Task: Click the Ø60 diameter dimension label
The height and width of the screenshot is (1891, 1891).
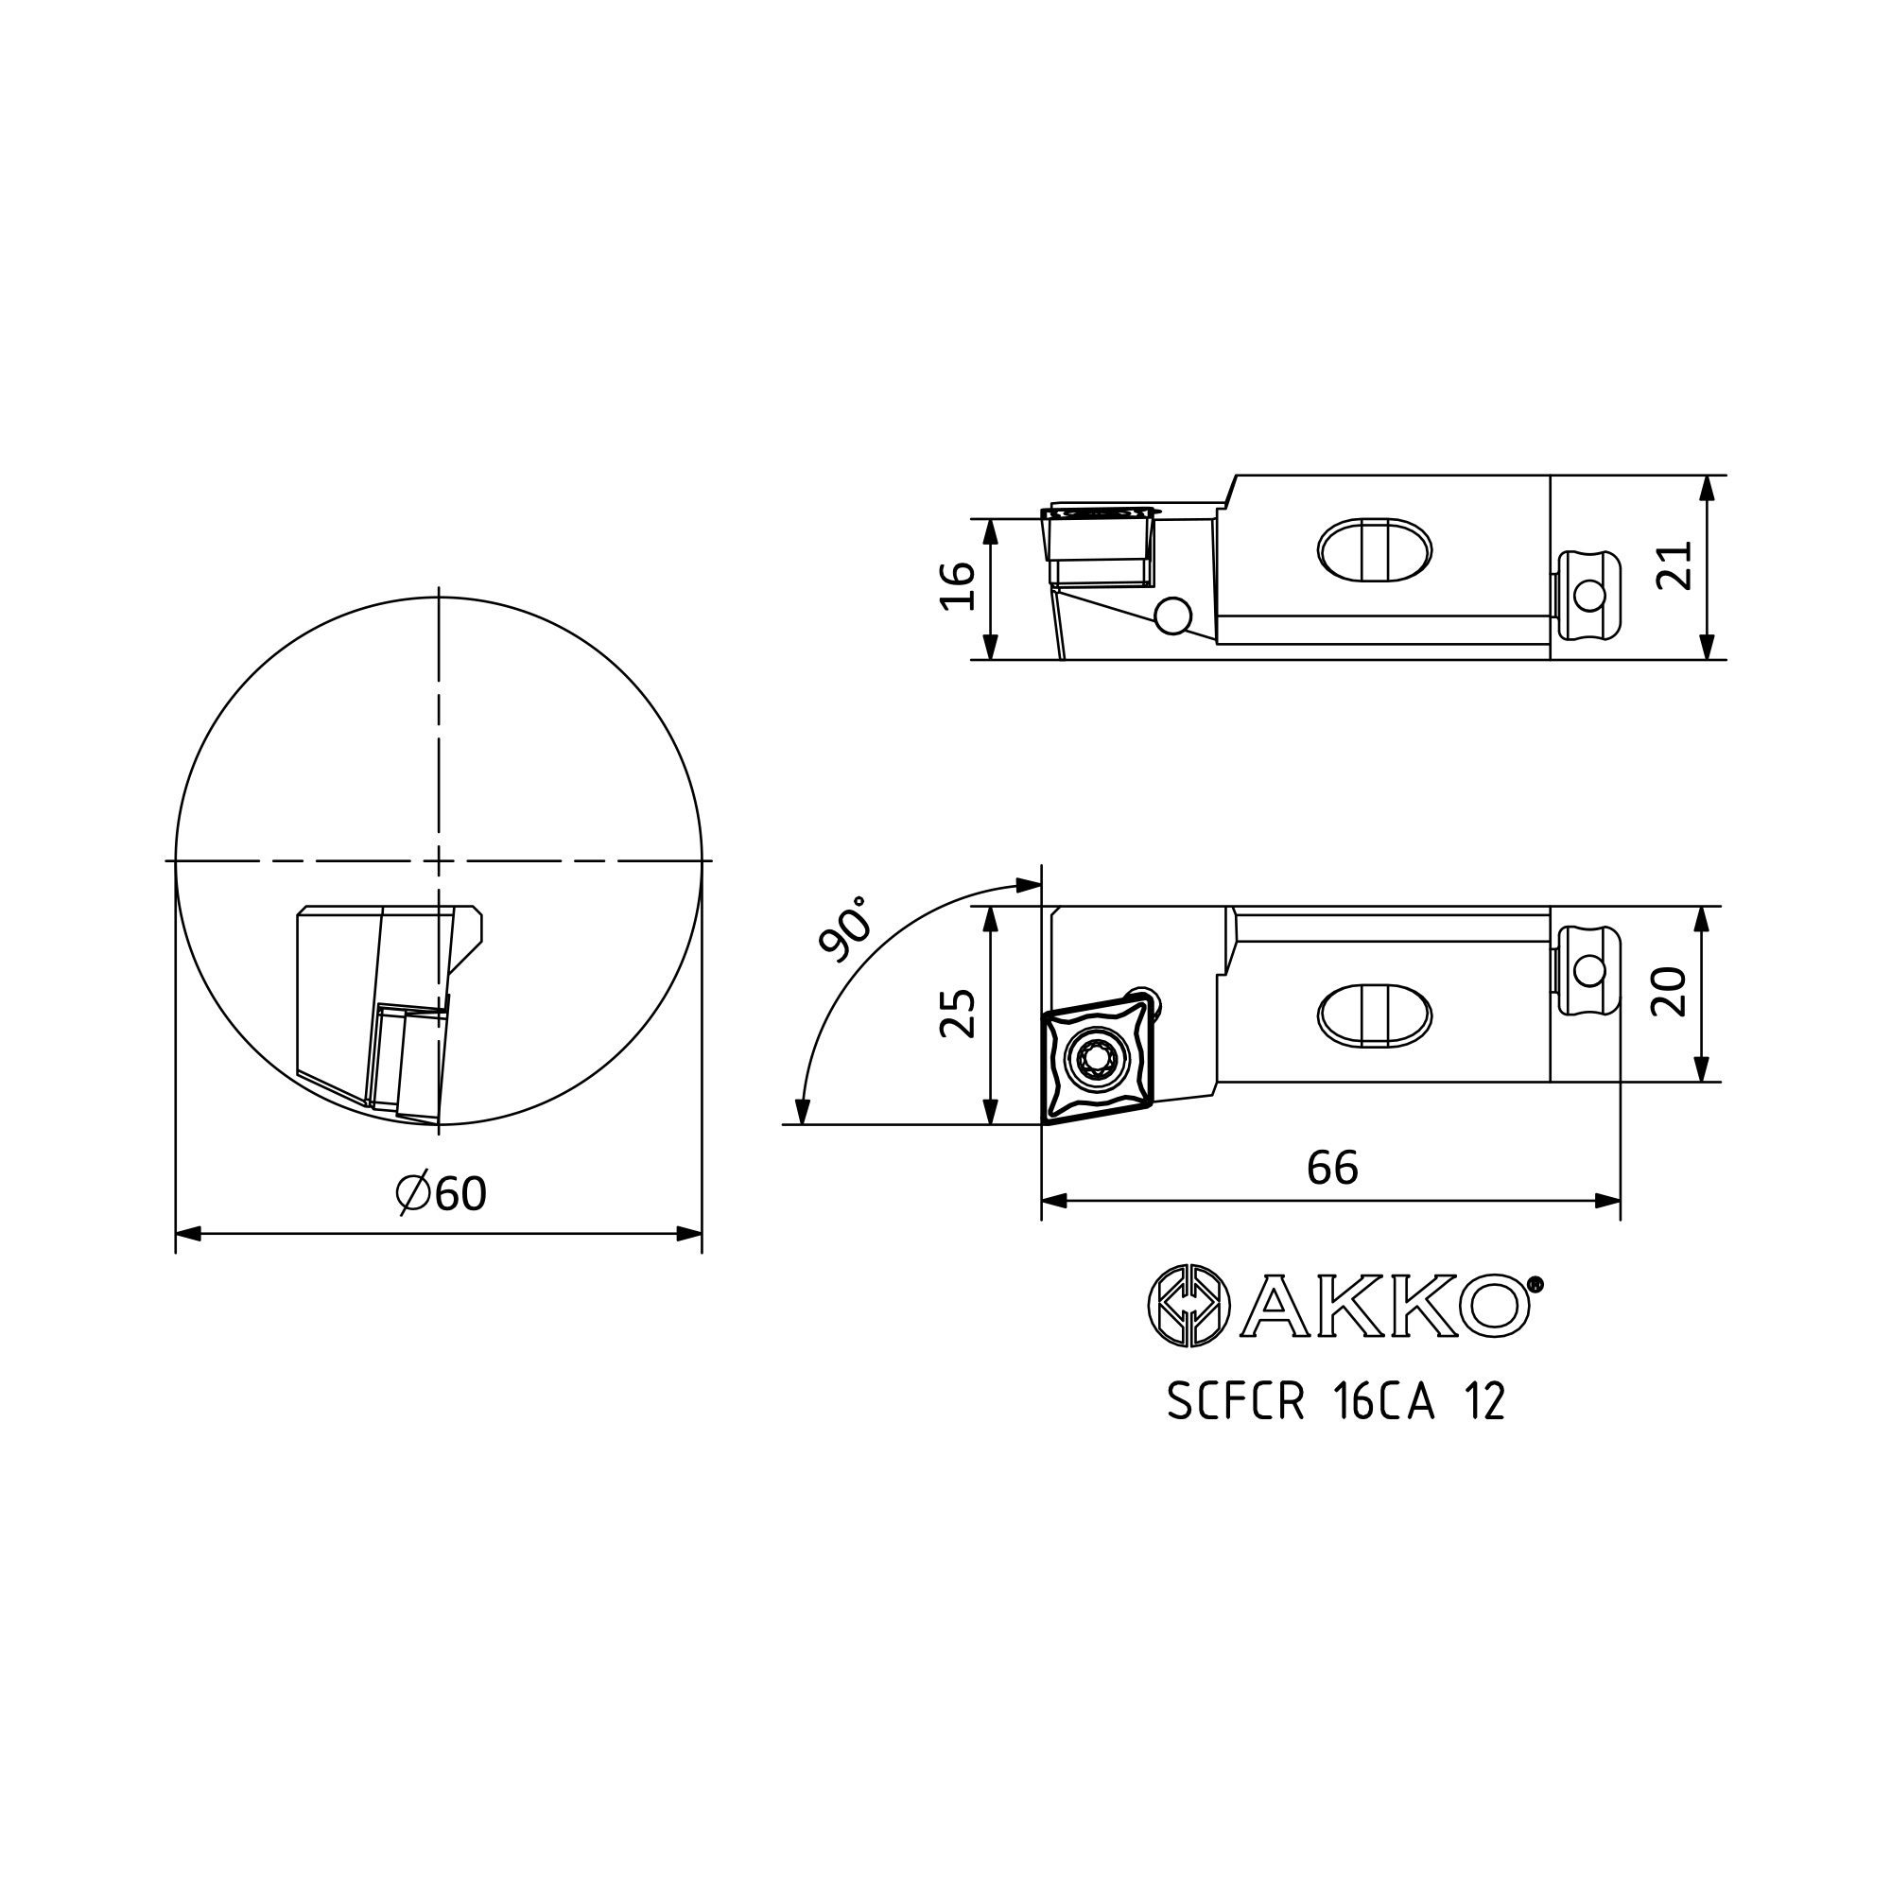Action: pos(442,1193)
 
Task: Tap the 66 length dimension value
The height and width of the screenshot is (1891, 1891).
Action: pos(1332,1167)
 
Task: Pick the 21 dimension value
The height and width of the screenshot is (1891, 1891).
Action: pos(1673,565)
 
